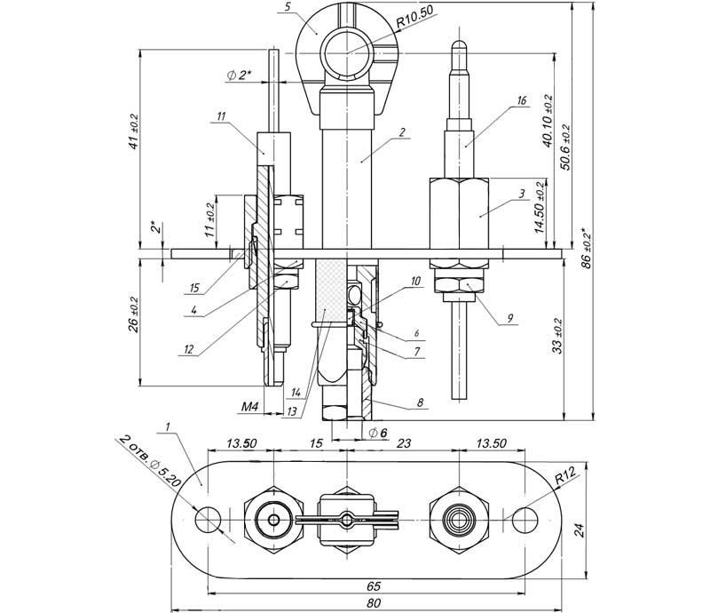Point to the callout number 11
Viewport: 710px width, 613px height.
pos(220,115)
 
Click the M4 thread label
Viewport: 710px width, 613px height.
pos(251,408)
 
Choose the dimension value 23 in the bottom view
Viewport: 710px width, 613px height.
pos(402,442)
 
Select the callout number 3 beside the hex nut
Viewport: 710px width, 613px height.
pos(523,193)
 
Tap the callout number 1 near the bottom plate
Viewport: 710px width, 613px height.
pos(166,426)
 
